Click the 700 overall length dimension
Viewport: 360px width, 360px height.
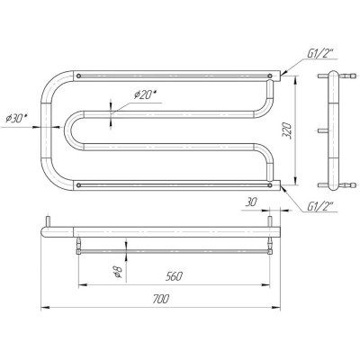pyautogui.click(x=161, y=299)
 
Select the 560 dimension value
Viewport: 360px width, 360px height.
pyautogui.click(x=174, y=276)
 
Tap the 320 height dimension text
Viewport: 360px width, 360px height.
pyautogui.click(x=287, y=130)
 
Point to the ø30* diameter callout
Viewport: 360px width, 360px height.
pyautogui.click(x=15, y=119)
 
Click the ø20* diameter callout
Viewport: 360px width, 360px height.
pyautogui.click(x=145, y=94)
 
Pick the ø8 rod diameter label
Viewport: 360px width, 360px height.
pyautogui.click(x=119, y=272)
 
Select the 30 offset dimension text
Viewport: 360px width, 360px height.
pyautogui.click(x=251, y=202)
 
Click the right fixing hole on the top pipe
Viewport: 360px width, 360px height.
pyautogui.click(x=270, y=76)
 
